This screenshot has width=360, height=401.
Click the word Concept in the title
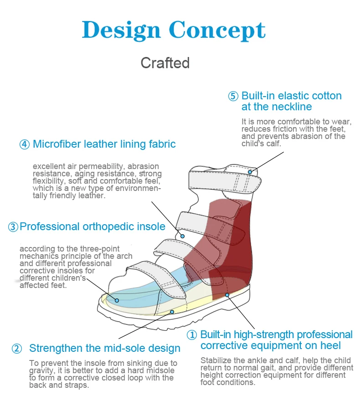[217, 31]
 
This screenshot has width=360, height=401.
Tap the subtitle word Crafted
[165, 63]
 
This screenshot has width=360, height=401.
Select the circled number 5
[233, 96]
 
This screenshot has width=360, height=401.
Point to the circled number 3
[13, 226]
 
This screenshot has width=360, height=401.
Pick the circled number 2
[16, 349]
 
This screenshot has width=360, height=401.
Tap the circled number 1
[192, 335]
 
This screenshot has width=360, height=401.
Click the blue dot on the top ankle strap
[250, 172]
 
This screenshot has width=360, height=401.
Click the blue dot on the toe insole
[117, 300]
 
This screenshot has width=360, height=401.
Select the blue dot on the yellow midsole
[172, 312]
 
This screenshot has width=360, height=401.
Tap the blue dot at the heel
[227, 295]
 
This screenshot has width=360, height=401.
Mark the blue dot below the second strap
[182, 236]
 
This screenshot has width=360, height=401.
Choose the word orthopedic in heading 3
[109, 226]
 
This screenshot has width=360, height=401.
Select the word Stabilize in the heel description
[216, 360]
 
